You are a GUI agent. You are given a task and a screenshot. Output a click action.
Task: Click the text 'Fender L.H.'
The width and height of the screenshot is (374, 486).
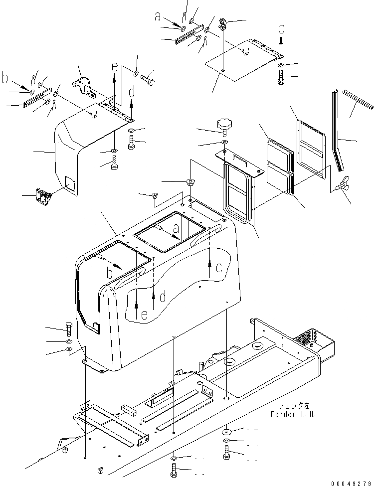[293, 414]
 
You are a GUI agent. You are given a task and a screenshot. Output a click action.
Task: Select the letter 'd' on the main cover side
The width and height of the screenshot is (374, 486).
[163, 298]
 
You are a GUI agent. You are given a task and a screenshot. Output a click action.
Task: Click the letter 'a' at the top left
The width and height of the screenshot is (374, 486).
[158, 17]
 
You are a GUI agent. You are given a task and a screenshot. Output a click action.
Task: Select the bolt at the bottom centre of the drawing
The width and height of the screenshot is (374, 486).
[173, 470]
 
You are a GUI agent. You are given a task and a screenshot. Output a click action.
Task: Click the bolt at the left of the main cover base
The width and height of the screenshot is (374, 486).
[68, 329]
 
